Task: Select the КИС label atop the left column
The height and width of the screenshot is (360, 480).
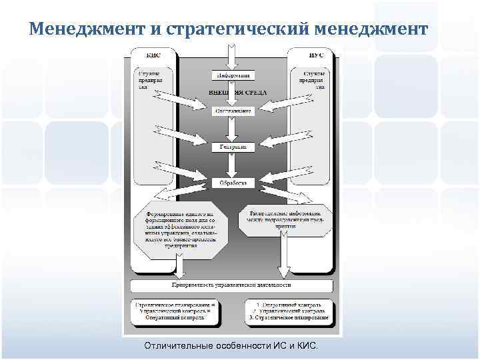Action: pos(155,55)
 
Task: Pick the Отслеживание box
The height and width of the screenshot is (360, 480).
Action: pos(232,111)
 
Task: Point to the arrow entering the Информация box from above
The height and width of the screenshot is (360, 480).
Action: pos(231,56)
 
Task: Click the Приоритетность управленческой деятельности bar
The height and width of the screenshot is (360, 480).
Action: pos(231,285)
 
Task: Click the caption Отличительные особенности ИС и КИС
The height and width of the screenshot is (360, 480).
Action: pos(231,346)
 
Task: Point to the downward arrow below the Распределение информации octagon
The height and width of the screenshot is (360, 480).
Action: pos(284,257)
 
